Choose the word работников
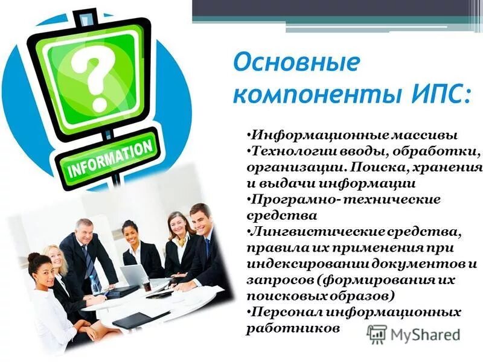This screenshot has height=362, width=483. pos(293,329)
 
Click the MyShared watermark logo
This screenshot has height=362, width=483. pos(414,334)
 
